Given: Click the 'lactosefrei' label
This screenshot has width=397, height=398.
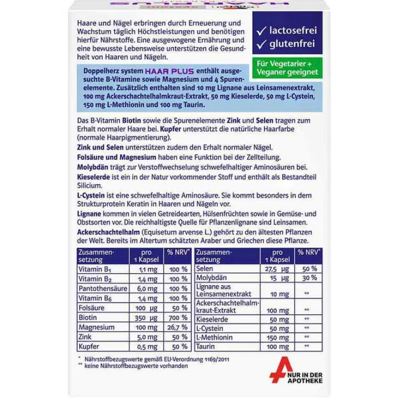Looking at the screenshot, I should click(x=292, y=30).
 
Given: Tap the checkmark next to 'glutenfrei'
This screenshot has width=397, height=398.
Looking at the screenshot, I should click(x=261, y=45).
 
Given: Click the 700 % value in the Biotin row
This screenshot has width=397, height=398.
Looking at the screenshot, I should click(x=177, y=317).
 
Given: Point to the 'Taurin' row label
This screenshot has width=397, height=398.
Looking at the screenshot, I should click(x=206, y=346).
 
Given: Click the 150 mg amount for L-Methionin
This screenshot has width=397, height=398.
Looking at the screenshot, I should click(x=274, y=336).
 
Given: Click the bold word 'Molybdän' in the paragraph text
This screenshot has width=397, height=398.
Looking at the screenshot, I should click(x=94, y=167).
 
